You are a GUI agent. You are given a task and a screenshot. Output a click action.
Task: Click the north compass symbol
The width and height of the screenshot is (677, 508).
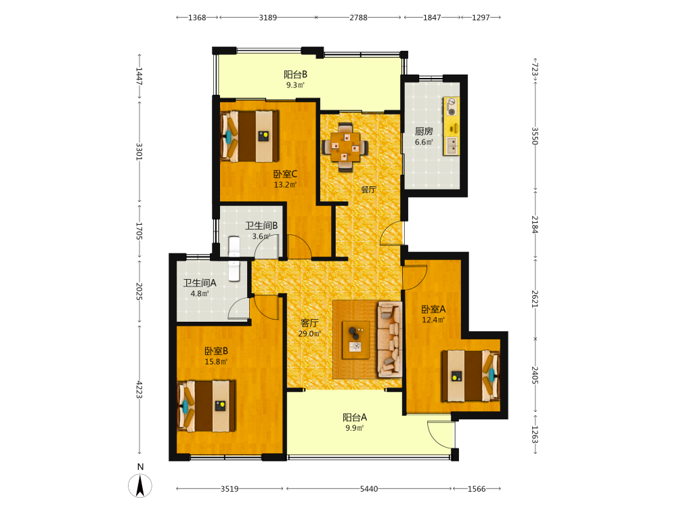[140, 485]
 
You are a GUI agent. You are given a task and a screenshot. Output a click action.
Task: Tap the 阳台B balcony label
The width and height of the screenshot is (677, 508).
[295, 75]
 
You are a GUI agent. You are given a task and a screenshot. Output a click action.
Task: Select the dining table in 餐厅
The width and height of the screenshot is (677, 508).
[345, 146]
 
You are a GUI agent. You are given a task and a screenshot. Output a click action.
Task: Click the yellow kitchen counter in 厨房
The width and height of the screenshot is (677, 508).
[451, 126]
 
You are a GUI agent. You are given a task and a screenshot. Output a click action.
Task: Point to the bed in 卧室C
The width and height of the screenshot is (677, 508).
[249, 136]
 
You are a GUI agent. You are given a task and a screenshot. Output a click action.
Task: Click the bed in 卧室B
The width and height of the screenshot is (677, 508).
[206, 406]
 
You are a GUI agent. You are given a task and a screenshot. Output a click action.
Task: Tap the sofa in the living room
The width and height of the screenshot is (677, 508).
[390, 339]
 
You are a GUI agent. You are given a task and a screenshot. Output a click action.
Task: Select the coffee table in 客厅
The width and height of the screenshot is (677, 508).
[356, 339]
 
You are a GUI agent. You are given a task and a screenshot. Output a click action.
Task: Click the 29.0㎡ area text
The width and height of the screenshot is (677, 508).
[309, 333]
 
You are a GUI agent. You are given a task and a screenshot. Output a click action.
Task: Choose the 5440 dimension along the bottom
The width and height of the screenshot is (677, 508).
[369, 489]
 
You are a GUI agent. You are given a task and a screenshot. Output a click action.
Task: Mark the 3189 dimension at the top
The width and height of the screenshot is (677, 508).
[267, 18]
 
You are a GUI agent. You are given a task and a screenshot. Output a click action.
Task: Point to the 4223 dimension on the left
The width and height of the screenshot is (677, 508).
[139, 389]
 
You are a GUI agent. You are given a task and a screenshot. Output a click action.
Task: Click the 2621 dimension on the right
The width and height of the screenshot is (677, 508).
[535, 299]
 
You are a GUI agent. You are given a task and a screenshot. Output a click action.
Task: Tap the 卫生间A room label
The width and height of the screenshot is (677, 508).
[200, 283]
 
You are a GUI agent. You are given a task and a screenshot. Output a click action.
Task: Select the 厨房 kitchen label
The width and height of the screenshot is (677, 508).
[424, 131]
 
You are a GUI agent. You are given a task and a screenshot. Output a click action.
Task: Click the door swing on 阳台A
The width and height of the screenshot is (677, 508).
[441, 435]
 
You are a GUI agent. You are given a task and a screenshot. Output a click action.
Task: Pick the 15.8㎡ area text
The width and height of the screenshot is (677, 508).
[216, 362]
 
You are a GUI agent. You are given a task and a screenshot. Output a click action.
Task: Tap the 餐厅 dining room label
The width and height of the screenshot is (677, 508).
[368, 189]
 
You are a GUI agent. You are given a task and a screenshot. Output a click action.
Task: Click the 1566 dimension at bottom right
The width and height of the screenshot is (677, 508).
[477, 489]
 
